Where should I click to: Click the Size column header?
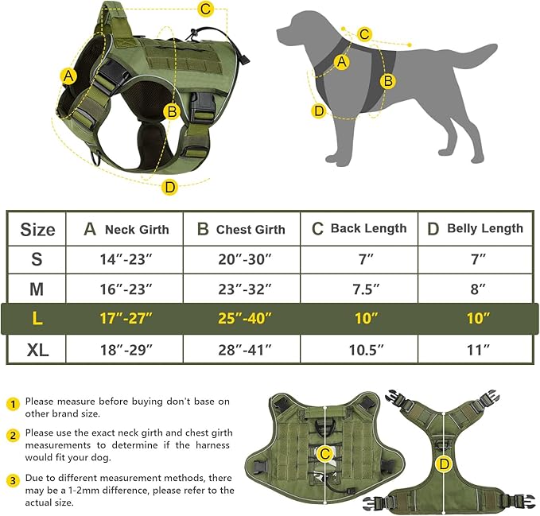37,230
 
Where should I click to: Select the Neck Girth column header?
126,229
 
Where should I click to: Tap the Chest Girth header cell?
241,229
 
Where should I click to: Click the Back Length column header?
359,229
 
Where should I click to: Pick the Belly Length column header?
476,229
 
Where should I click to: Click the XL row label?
37,348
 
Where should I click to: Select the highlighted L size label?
37,318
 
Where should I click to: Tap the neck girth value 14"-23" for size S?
125,259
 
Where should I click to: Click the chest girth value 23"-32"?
241,289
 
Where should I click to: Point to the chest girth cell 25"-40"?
241,318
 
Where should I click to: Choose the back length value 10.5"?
359,348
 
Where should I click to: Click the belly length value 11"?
476,348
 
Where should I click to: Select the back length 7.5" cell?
359,289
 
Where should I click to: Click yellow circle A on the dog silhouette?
343,61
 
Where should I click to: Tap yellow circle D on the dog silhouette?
319,111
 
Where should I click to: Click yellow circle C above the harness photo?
206,10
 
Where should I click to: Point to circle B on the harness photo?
171,111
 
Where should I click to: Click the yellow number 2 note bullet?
12,435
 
